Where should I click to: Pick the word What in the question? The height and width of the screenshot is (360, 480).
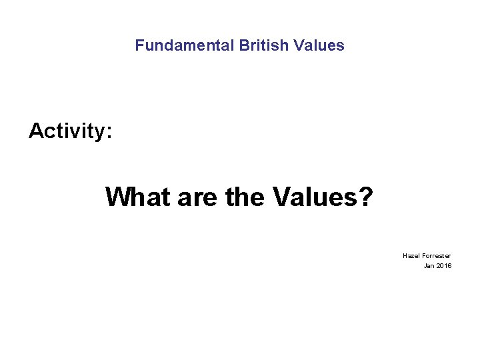(x=138, y=197)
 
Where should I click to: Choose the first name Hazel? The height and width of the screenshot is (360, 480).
(x=411, y=256)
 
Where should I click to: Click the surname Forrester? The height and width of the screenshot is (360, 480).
(x=436, y=256)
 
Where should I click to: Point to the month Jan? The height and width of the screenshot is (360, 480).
(x=429, y=266)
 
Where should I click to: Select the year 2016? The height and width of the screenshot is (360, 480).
(x=444, y=266)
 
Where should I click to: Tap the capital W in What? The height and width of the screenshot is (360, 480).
(x=118, y=197)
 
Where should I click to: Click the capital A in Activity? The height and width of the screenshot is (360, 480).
(x=36, y=131)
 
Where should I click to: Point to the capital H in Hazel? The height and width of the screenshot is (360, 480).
(x=405, y=256)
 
